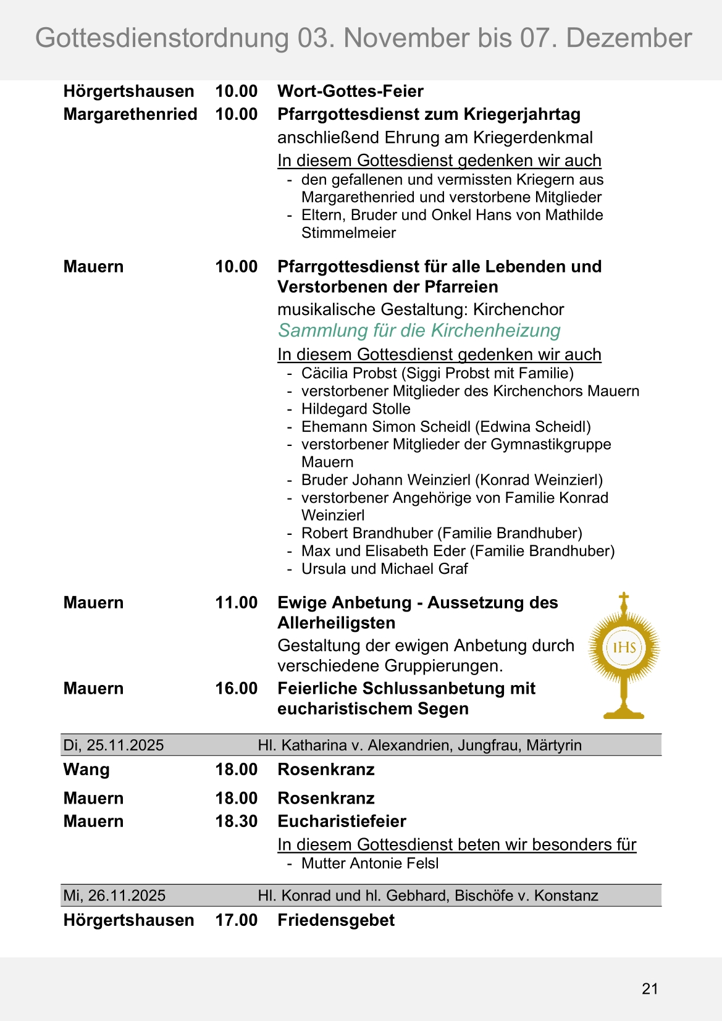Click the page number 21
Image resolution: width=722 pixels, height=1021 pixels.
(650, 989)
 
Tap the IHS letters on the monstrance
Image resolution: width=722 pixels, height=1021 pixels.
(624, 647)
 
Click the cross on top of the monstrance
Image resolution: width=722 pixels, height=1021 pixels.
(624, 599)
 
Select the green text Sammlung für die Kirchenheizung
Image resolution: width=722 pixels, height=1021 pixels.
(419, 330)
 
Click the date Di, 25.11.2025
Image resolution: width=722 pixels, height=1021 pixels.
(114, 745)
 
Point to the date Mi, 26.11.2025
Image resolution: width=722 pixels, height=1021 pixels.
(114, 896)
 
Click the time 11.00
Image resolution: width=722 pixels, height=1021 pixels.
(236, 603)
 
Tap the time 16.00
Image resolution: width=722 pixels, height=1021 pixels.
(236, 689)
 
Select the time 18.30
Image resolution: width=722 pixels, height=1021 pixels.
(236, 821)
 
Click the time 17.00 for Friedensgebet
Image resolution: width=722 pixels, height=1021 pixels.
(236, 920)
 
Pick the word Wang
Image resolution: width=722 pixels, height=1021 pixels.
(86, 770)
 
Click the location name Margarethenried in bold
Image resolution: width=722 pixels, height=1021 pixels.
(130, 114)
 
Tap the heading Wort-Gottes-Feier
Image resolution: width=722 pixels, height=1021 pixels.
(350, 91)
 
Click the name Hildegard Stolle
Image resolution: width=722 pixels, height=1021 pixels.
(356, 409)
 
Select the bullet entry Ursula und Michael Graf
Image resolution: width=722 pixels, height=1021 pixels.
(384, 569)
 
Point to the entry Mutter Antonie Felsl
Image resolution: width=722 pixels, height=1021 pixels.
(369, 863)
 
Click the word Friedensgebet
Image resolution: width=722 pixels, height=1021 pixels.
(336, 920)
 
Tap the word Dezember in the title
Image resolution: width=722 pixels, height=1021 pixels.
(629, 38)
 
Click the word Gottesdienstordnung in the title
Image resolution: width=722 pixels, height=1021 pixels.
(162, 38)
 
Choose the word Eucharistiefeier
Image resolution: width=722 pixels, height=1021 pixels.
(342, 821)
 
